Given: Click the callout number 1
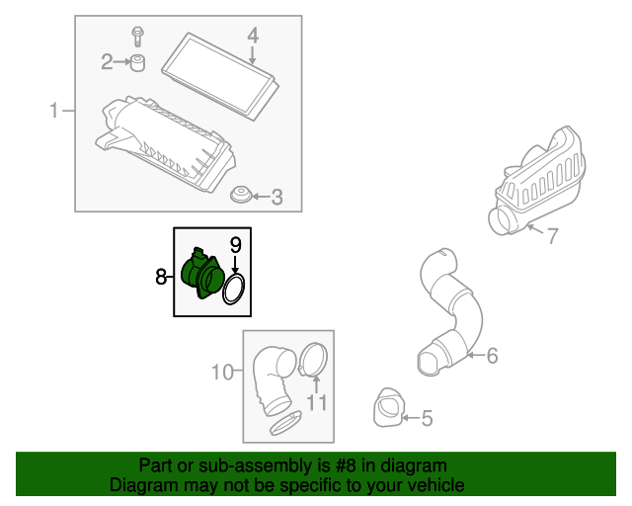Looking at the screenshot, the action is (x=53, y=110).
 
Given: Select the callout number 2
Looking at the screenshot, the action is (x=107, y=62).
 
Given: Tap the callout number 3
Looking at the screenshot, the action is (x=276, y=198).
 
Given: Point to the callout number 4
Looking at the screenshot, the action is (x=253, y=36).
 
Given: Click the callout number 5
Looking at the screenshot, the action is (x=428, y=418).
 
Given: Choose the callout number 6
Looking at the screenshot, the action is (x=492, y=356).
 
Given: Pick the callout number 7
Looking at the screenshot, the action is (x=553, y=235).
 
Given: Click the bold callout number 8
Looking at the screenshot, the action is (x=161, y=277).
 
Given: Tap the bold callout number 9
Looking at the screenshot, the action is (x=235, y=245).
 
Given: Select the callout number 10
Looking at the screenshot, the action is (x=222, y=372).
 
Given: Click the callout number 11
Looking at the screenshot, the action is (x=317, y=402).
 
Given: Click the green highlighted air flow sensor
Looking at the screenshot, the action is (x=202, y=274).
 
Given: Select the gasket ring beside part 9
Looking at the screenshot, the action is (x=233, y=289).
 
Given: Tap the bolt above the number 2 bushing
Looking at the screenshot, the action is (x=138, y=37).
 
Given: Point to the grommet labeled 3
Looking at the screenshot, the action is (x=241, y=195).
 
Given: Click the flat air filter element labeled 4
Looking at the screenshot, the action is (x=220, y=76).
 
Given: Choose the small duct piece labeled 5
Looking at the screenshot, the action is (x=389, y=407).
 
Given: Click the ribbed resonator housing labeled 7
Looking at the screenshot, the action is (x=537, y=181).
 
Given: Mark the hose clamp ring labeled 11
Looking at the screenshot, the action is (x=314, y=360).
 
